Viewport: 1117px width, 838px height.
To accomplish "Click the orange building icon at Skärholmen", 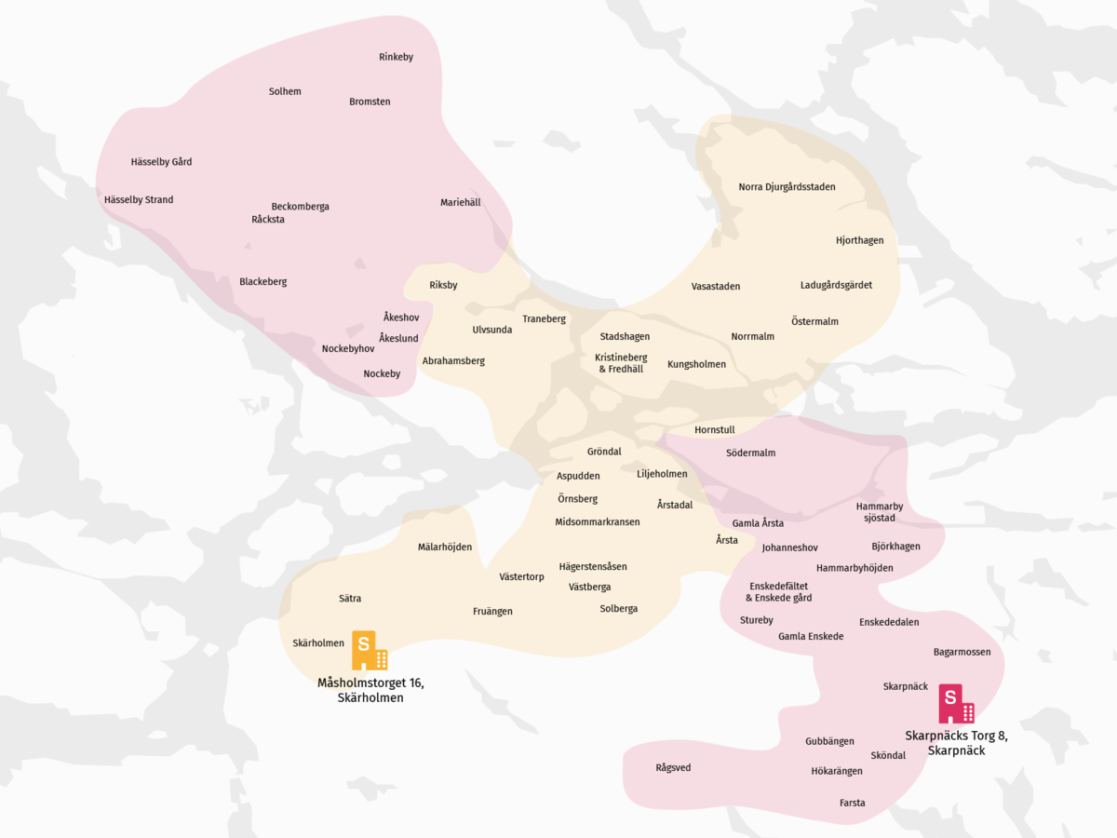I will pyautogui.click(x=369, y=650).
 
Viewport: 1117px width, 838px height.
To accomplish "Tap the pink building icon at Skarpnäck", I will pyautogui.click(x=956, y=704).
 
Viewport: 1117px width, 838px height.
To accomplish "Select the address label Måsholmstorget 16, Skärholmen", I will pyautogui.click(x=370, y=690).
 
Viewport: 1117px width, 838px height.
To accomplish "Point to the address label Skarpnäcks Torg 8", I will pyautogui.click(x=956, y=742).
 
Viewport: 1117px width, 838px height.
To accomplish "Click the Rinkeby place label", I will pyautogui.click(x=396, y=58).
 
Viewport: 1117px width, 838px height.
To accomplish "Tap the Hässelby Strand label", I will pyautogui.click(x=139, y=200).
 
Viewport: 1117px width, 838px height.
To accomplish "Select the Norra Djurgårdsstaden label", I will pyautogui.click(x=787, y=187).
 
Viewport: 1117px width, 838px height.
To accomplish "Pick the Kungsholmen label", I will pyautogui.click(x=696, y=364).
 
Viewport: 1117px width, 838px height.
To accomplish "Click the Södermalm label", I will pyautogui.click(x=750, y=453).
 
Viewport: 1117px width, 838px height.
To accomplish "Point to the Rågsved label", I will pyautogui.click(x=673, y=768).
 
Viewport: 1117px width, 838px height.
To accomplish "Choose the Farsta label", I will pyautogui.click(x=852, y=803).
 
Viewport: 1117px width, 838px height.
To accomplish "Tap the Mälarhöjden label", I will pyautogui.click(x=445, y=547).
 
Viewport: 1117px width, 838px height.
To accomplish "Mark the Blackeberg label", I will pyautogui.click(x=262, y=282).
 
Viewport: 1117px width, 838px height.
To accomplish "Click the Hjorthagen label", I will pyautogui.click(x=859, y=241).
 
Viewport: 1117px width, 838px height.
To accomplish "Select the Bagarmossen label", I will pyautogui.click(x=962, y=653).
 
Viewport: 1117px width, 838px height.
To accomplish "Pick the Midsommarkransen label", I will pyautogui.click(x=598, y=522).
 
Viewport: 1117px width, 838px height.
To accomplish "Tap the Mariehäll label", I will pyautogui.click(x=461, y=203).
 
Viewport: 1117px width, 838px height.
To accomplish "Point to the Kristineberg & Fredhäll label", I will pyautogui.click(x=621, y=363).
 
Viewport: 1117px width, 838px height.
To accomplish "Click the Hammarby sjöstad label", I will pyautogui.click(x=880, y=512).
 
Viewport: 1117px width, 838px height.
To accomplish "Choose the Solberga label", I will pyautogui.click(x=619, y=609).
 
